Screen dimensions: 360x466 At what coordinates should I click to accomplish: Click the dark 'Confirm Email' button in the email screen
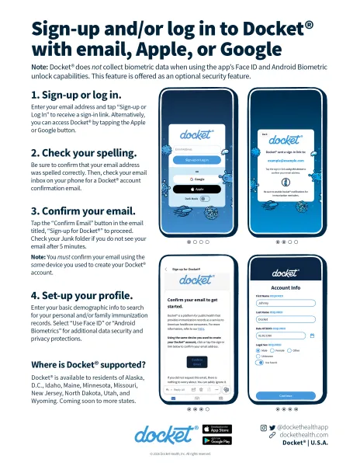pos(196,362)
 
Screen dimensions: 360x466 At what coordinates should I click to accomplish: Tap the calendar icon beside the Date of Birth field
pos(312,336)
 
